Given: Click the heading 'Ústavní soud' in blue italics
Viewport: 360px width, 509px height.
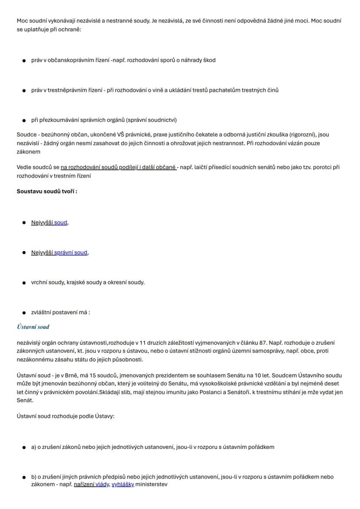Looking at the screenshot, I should [x=33, y=327].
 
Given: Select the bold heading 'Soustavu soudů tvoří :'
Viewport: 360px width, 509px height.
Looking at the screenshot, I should [x=47, y=191].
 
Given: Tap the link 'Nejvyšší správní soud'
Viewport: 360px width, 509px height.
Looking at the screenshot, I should [x=59, y=252].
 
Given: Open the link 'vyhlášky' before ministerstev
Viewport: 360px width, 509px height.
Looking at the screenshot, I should [x=123, y=484].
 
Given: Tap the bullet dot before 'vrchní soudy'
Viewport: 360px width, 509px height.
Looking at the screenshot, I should [x=24, y=283].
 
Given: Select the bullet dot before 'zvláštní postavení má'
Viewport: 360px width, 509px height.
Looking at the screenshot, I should [x=24, y=313].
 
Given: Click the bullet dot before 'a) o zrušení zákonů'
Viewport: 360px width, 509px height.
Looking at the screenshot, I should [x=24, y=447].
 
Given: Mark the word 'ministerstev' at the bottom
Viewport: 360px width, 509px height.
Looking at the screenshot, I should [x=151, y=484].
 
